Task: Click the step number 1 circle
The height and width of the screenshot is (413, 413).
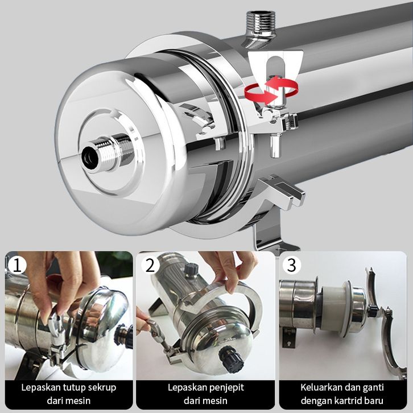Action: point(17,265)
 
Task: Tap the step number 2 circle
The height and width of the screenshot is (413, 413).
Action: point(150,265)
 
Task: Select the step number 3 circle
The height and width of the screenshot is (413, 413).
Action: point(292,265)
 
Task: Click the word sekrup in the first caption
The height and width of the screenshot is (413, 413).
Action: point(102,388)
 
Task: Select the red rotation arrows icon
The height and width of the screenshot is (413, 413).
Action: point(271,90)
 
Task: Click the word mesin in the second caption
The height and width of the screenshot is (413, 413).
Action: point(213,401)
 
